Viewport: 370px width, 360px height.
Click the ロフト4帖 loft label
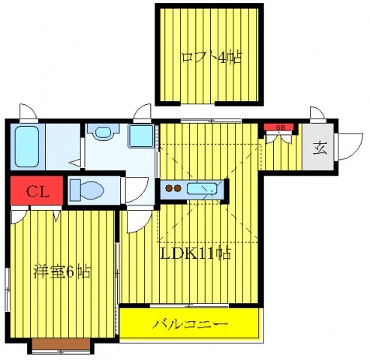[212, 58]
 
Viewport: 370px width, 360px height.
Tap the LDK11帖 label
[195, 253]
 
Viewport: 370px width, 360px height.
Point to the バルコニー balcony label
[190, 324]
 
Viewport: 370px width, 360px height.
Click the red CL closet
[37, 190]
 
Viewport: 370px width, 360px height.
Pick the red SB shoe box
[278, 127]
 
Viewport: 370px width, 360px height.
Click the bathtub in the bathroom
[27, 146]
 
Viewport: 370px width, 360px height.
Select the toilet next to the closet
[87, 190]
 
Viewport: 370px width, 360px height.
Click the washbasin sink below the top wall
[103, 132]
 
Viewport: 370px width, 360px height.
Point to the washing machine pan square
[141, 136]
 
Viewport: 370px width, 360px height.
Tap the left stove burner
[170, 188]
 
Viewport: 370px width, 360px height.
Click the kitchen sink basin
[202, 189]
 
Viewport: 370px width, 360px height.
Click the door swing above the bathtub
[29, 112]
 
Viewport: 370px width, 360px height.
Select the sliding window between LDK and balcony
[189, 305]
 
